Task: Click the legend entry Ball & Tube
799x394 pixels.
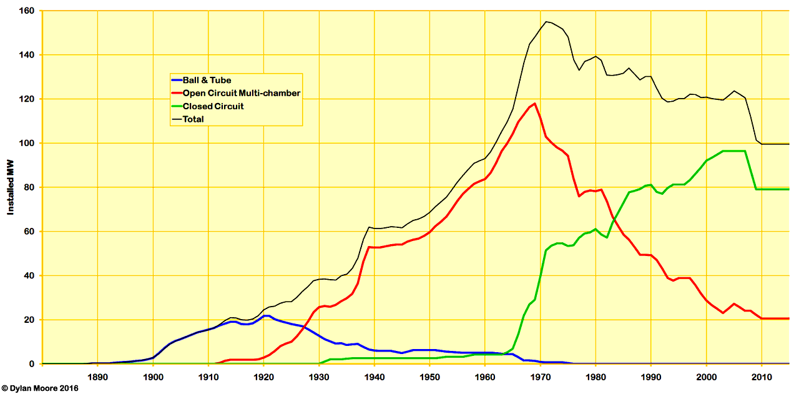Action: (x=207, y=80)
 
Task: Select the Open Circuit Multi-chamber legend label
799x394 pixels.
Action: (x=241, y=93)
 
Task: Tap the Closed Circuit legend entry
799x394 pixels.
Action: (x=212, y=106)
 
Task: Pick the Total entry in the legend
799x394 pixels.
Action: (x=193, y=119)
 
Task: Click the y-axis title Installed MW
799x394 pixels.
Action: (x=11, y=187)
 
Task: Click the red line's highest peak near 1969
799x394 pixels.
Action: (x=535, y=104)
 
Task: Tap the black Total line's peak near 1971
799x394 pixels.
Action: (x=546, y=22)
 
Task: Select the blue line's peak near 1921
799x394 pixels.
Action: (x=266, y=315)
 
